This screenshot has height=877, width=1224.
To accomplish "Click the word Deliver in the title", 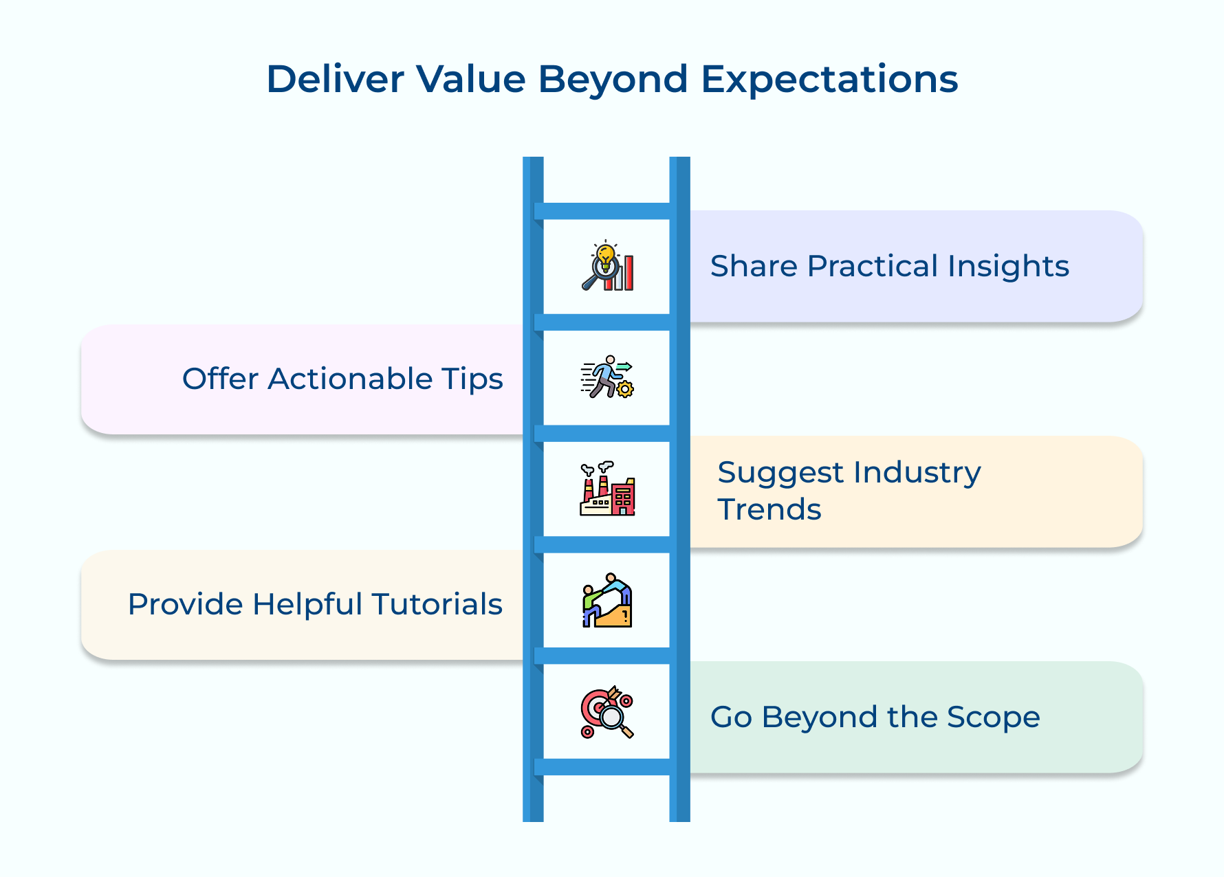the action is [x=335, y=79].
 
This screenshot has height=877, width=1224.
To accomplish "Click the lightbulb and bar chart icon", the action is [x=607, y=266].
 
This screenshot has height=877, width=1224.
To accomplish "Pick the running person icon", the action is [x=607, y=377].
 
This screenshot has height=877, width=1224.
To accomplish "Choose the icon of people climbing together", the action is [x=607, y=600].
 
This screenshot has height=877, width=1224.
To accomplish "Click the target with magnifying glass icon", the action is [x=607, y=712].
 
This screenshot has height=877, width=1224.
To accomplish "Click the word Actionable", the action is [x=349, y=379].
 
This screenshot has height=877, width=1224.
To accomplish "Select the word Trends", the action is [x=769, y=510].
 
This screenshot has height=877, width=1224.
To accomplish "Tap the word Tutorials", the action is [x=437, y=605].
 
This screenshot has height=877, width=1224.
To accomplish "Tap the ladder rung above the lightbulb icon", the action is [x=606, y=211].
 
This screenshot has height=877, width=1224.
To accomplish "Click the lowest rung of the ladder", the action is [x=606, y=767].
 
